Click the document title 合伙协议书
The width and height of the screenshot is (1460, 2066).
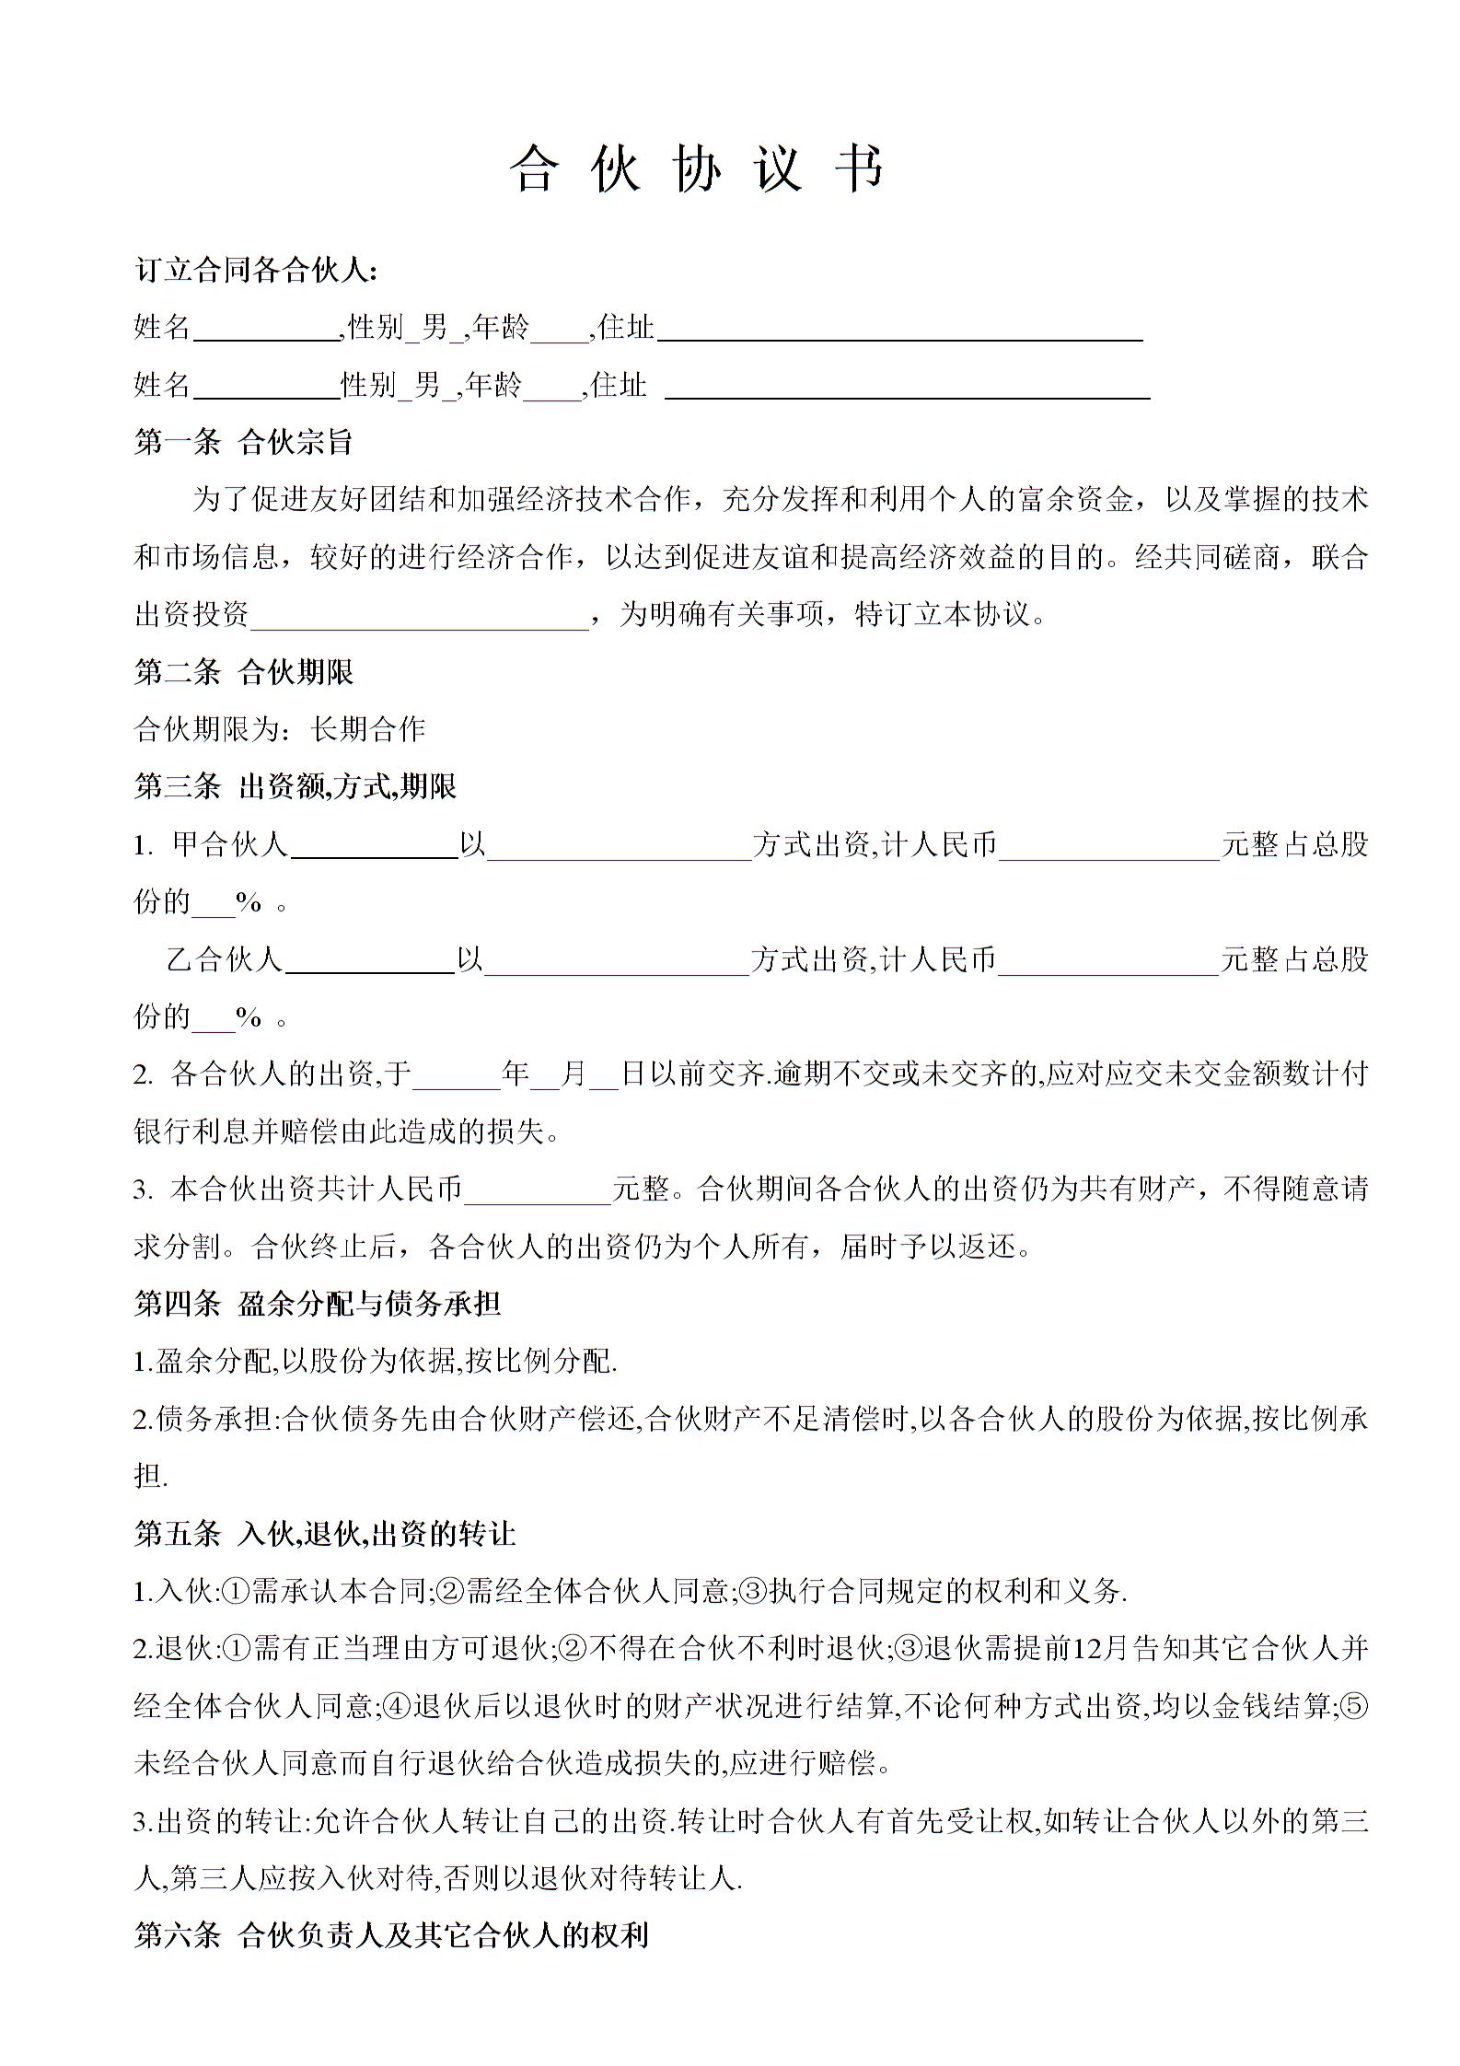pyautogui.click(x=697, y=169)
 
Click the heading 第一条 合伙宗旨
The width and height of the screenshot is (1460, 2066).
pyautogui.click(x=243, y=442)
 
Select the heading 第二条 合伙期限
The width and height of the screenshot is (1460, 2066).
pyautogui.click(x=243, y=672)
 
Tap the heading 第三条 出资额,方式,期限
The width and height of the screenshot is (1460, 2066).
pyautogui.click(x=295, y=786)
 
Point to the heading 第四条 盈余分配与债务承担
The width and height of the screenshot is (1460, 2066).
pyautogui.click(x=317, y=1303)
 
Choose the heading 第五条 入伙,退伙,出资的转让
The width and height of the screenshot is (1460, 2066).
pyautogui.click(x=324, y=1533)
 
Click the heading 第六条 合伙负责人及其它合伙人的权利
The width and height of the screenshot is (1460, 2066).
pyautogui.click(x=391, y=1935)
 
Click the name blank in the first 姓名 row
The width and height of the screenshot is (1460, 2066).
pyautogui.click(x=267, y=330)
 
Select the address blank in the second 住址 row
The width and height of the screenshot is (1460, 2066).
pyautogui.click(x=907, y=387)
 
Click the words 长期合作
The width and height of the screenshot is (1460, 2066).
pyautogui.click(x=368, y=729)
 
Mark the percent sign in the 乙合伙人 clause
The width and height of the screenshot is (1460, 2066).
pyautogui.click(x=249, y=1017)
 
